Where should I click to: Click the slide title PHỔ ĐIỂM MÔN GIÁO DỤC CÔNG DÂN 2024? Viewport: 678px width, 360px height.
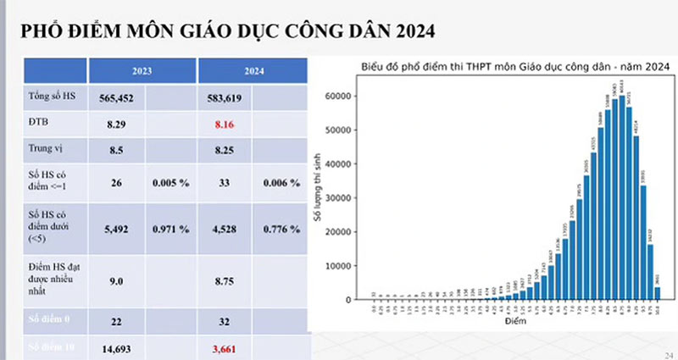[x=229, y=32]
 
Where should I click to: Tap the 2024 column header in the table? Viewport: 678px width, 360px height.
[x=225, y=71]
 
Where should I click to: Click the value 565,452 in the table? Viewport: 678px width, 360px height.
[x=118, y=98]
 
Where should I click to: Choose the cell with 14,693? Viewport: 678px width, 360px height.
[x=118, y=347]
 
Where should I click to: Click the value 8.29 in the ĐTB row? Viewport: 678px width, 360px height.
[x=118, y=125]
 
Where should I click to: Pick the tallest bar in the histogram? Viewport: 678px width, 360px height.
[x=622, y=197]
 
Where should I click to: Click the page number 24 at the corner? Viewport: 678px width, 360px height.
[x=669, y=354]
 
